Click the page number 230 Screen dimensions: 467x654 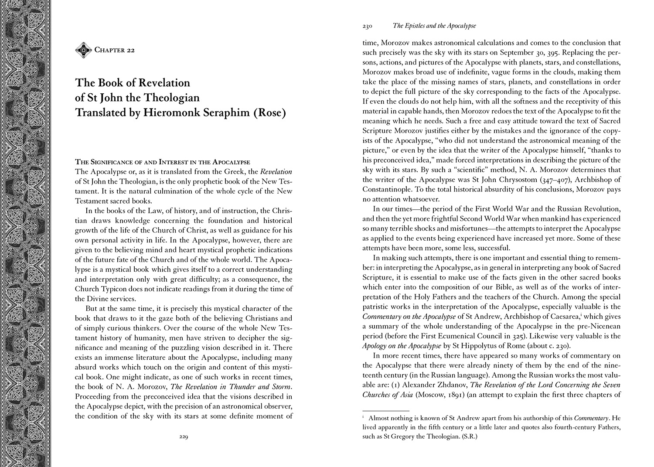[367, 26]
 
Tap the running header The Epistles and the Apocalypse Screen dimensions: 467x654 [434, 26]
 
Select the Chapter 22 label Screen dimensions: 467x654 [114, 50]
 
